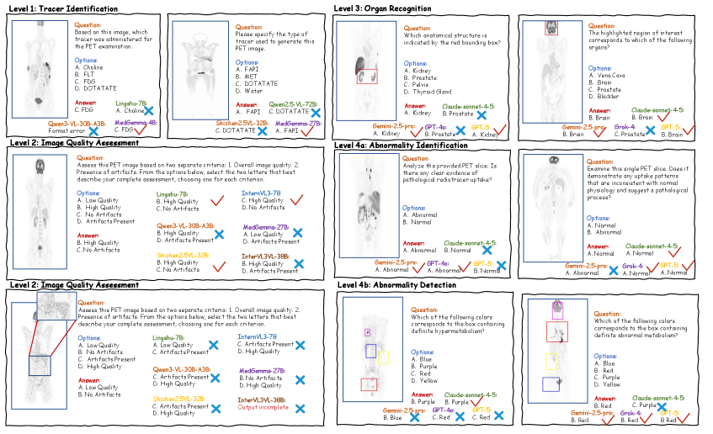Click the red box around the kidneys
point(366,76)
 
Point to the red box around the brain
point(551,27)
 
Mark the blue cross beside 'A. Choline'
point(148,111)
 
